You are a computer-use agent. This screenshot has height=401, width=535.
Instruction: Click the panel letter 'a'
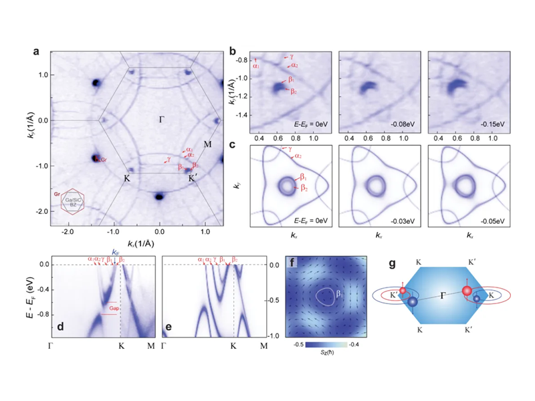(38, 50)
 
